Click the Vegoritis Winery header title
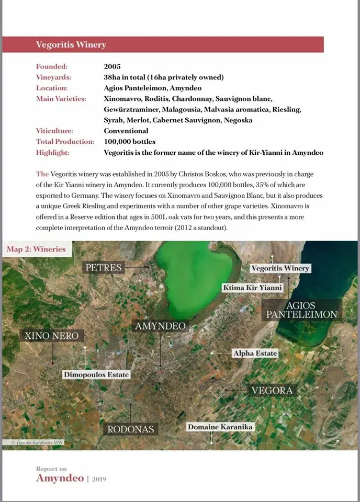coord(71,45)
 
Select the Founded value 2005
coord(112,66)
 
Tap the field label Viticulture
coord(54,131)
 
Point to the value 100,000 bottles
coord(129,142)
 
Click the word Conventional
coord(126,131)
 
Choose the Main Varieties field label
coord(61,98)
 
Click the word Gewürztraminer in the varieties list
coord(131,109)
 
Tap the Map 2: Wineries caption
coord(36,249)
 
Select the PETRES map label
coord(104,268)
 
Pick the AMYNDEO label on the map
coord(160,326)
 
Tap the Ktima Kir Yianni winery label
coord(253,288)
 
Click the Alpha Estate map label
coord(255,353)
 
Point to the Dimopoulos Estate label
coord(96,374)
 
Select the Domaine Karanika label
coord(220,427)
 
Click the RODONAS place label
coord(130,429)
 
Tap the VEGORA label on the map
coord(272,390)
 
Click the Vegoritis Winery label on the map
coord(280,268)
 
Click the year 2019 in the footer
coord(99,478)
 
